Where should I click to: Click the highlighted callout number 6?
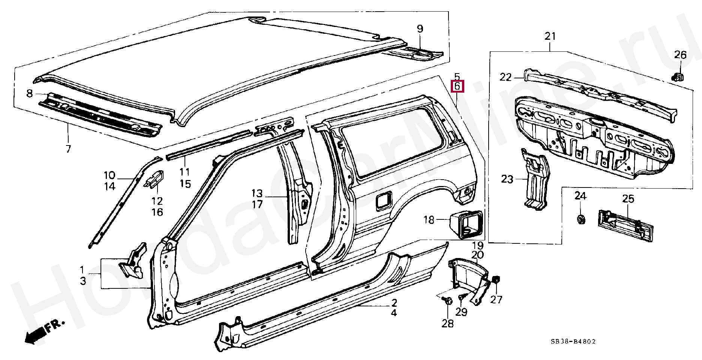point(457,86)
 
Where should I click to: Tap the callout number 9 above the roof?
point(420,28)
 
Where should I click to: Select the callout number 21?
point(550,36)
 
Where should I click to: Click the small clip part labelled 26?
point(678,77)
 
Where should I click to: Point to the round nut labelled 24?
point(581,219)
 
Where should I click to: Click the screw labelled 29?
point(461,297)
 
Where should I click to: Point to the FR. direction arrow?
point(40,333)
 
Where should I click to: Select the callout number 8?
point(30,94)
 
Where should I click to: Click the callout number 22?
point(505,77)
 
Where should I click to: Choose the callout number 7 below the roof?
point(68,149)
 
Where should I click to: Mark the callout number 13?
point(257,193)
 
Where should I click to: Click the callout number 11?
point(184,172)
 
